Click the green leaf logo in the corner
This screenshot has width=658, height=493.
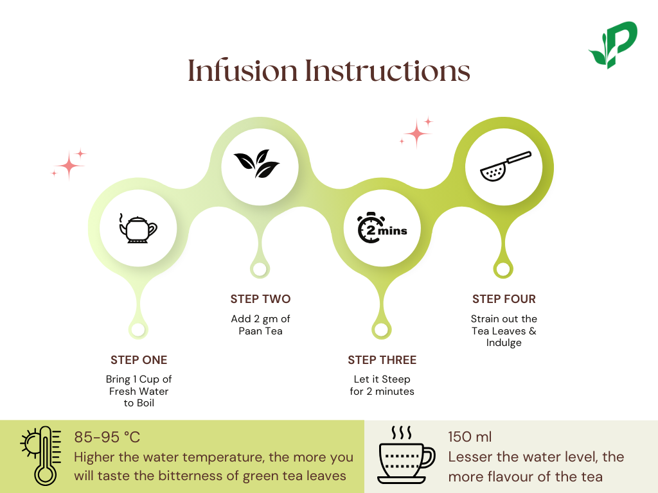point(612,45)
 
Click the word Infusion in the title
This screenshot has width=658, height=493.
point(243,71)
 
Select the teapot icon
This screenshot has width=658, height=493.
point(138,229)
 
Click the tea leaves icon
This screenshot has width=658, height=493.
point(256,164)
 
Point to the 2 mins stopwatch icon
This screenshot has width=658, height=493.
point(382,229)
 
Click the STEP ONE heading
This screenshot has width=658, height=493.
point(139,359)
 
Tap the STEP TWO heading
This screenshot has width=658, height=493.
point(260,299)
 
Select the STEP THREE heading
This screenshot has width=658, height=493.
point(382,359)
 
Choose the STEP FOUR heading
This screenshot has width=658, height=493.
point(504,299)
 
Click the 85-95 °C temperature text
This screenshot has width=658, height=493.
point(107,438)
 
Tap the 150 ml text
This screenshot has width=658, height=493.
point(470,437)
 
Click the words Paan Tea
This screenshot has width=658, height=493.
point(260,331)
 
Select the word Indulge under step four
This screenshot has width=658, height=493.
point(504,343)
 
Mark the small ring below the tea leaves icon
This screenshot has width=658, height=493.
point(260,268)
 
